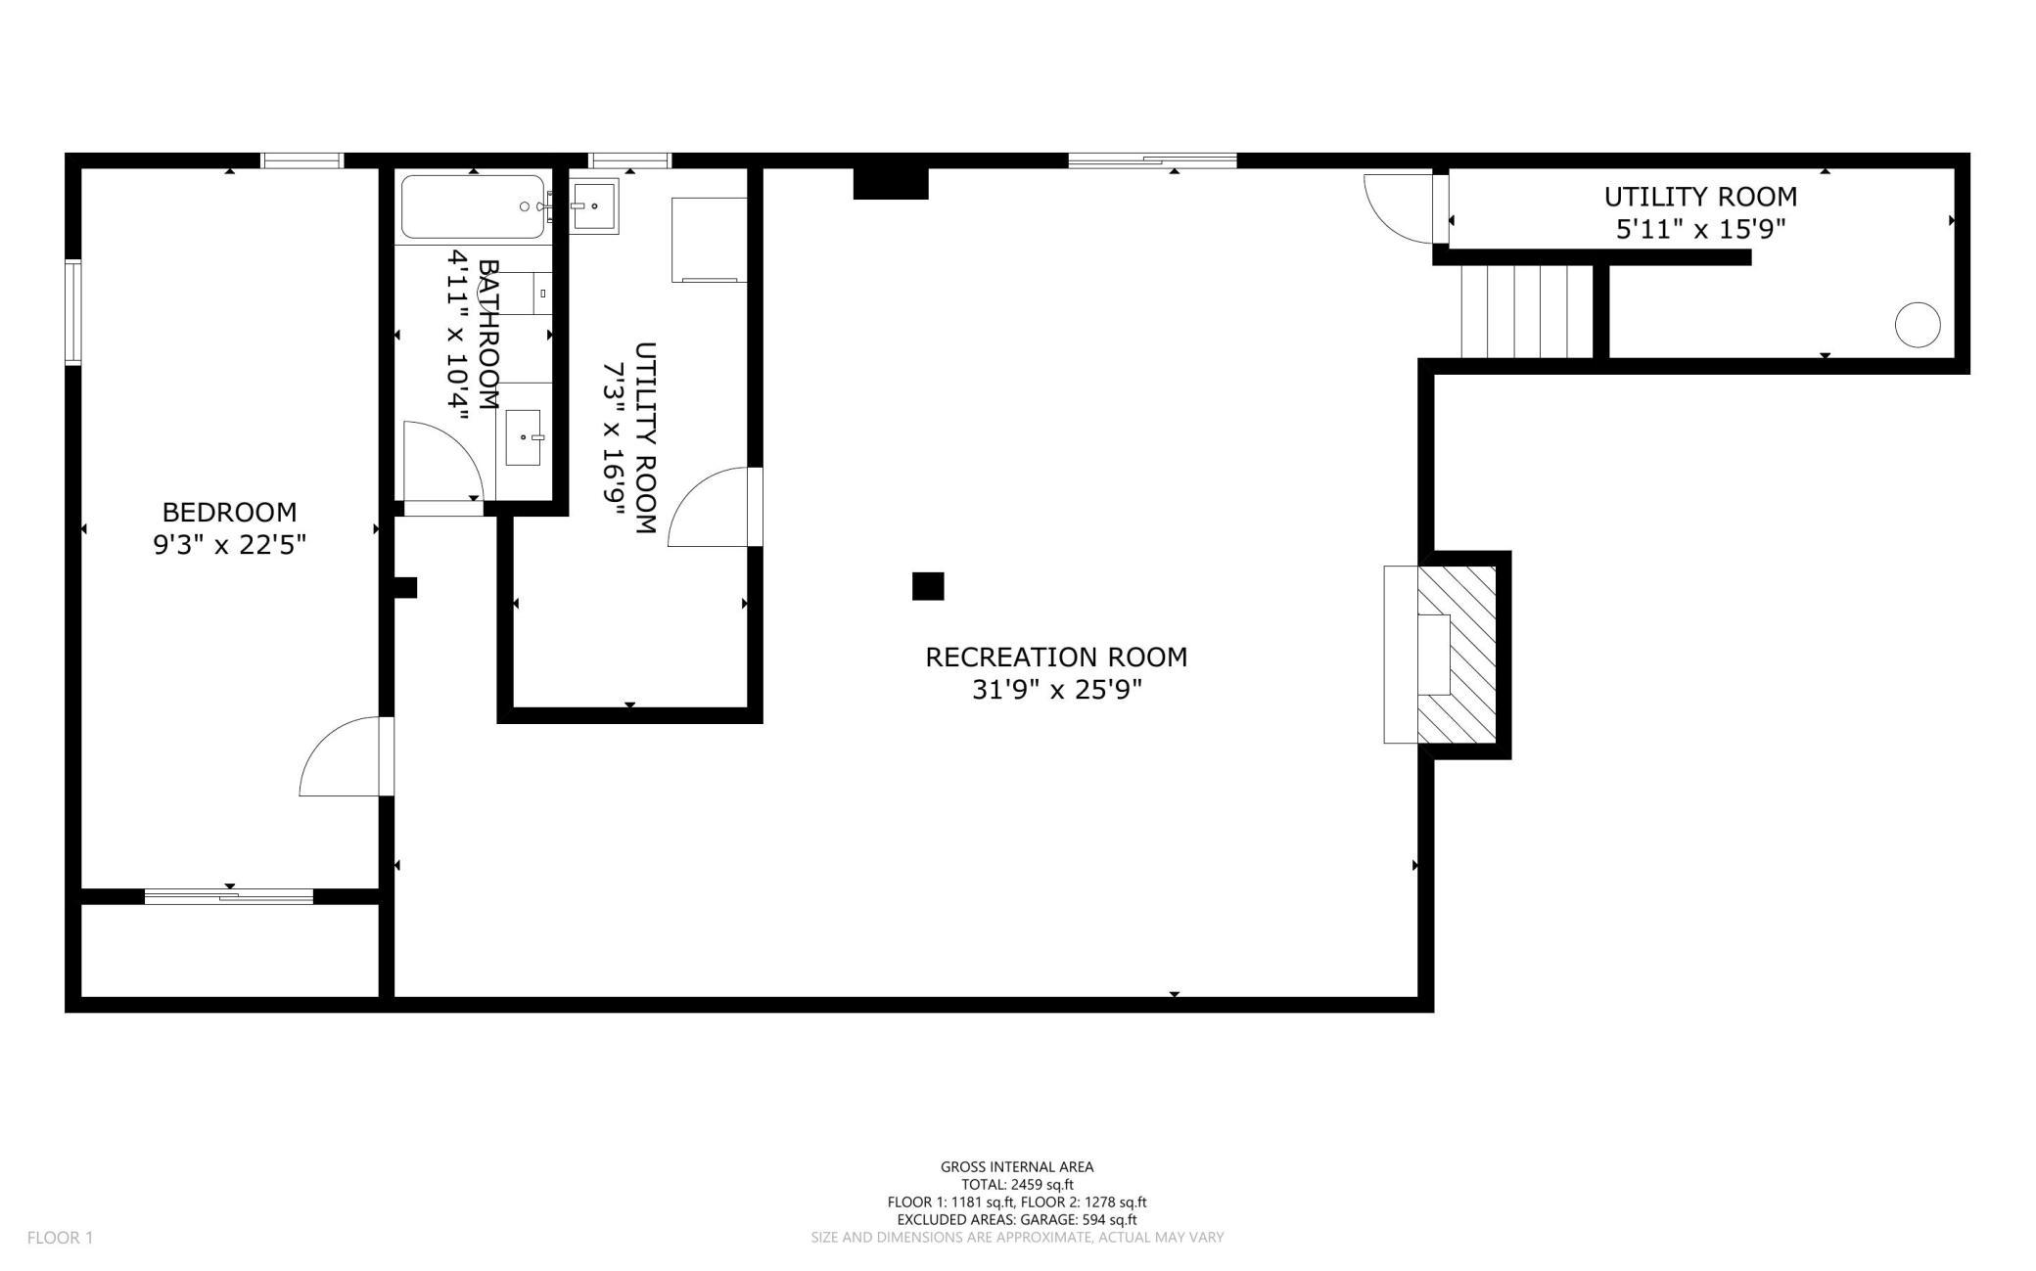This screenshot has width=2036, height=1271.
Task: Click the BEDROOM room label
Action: [229, 512]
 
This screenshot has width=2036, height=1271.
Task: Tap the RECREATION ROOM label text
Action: [1056, 657]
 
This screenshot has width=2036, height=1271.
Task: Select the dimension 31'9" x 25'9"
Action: [1057, 690]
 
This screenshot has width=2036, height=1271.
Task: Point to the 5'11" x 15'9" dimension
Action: [1700, 229]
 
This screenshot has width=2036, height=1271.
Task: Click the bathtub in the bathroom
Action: [473, 206]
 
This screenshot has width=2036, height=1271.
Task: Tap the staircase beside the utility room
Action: [1527, 311]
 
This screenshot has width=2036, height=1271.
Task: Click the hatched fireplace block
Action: [1457, 654]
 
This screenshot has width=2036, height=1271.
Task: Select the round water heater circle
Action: [1918, 325]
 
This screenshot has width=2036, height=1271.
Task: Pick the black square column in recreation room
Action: [928, 586]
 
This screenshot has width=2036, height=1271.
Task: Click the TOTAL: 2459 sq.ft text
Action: [1017, 1184]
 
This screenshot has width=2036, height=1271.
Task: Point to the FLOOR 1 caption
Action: [60, 1238]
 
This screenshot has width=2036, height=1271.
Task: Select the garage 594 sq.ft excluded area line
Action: [1017, 1219]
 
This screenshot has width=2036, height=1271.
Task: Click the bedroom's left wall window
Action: [73, 312]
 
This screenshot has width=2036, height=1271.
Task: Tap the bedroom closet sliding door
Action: [229, 895]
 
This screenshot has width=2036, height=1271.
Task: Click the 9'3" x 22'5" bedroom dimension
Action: [230, 545]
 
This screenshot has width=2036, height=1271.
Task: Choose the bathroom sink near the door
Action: [524, 437]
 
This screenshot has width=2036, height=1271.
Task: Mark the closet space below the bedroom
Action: [230, 950]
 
